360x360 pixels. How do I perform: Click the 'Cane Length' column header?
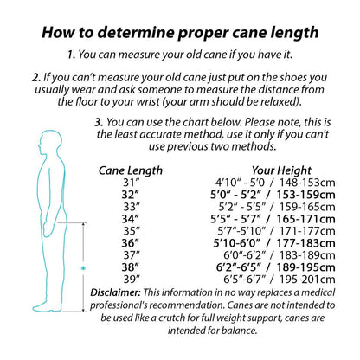[x=131, y=170]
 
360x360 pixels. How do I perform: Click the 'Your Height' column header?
[x=281, y=170]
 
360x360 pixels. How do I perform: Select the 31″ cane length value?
[x=132, y=183]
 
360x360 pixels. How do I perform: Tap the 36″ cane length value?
[x=130, y=243]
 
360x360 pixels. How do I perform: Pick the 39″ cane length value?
[x=132, y=280]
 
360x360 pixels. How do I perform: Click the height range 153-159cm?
[x=305, y=195]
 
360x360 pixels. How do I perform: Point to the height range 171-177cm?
[x=307, y=231]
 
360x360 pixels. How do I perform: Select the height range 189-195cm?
[x=305, y=267]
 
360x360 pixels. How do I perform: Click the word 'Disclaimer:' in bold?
[x=115, y=292]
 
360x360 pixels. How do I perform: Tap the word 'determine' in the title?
[x=136, y=32]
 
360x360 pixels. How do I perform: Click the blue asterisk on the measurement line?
[x=84, y=268]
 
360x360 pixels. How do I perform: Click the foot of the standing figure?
[x=48, y=307]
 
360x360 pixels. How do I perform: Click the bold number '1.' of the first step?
[x=72, y=55]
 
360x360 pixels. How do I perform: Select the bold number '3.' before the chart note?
[x=99, y=122]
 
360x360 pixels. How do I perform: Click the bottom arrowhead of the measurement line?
[x=84, y=309]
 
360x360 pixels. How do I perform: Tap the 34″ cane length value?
[x=130, y=219]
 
